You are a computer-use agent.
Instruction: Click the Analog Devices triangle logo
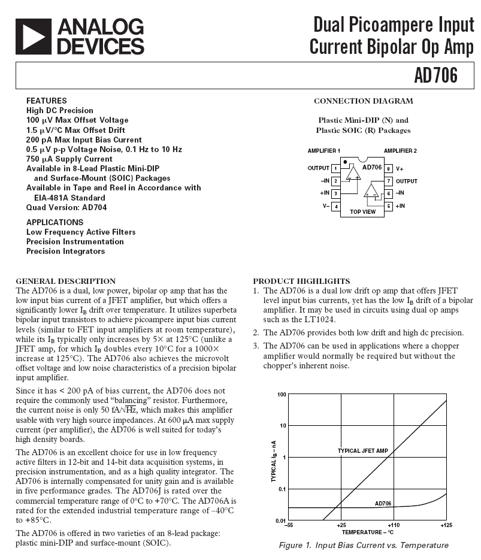coord(34,36)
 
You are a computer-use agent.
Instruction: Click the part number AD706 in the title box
coord(435,76)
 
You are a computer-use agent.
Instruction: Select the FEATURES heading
coord(47,101)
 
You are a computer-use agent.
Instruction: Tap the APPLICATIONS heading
coord(55,222)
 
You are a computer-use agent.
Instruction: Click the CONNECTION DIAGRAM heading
coord(363,101)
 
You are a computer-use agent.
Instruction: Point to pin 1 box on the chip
coord(336,168)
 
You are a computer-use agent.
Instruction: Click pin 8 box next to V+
coord(388,168)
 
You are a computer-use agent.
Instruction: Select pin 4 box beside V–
coord(336,206)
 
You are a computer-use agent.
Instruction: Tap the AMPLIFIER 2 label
coord(400,150)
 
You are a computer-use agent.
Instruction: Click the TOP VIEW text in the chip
coord(362,211)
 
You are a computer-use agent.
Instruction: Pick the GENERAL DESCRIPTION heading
coord(65,281)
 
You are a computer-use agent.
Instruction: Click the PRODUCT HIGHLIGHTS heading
coord(301,281)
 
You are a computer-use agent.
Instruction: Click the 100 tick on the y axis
coord(282,395)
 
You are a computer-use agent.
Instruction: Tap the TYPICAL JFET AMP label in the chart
coord(363,451)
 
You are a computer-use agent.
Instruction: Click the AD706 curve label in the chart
coord(383,504)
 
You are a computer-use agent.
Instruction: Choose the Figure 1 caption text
coord(364,545)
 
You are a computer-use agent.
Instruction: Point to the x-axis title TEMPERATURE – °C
coord(367,532)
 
